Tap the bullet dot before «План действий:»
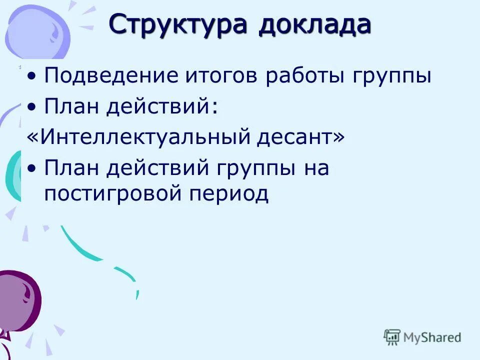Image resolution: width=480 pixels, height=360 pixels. tap(32, 107)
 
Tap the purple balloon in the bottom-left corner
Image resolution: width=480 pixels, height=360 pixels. tap(18, 300)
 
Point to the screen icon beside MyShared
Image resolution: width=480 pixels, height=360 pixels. tap(392, 337)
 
